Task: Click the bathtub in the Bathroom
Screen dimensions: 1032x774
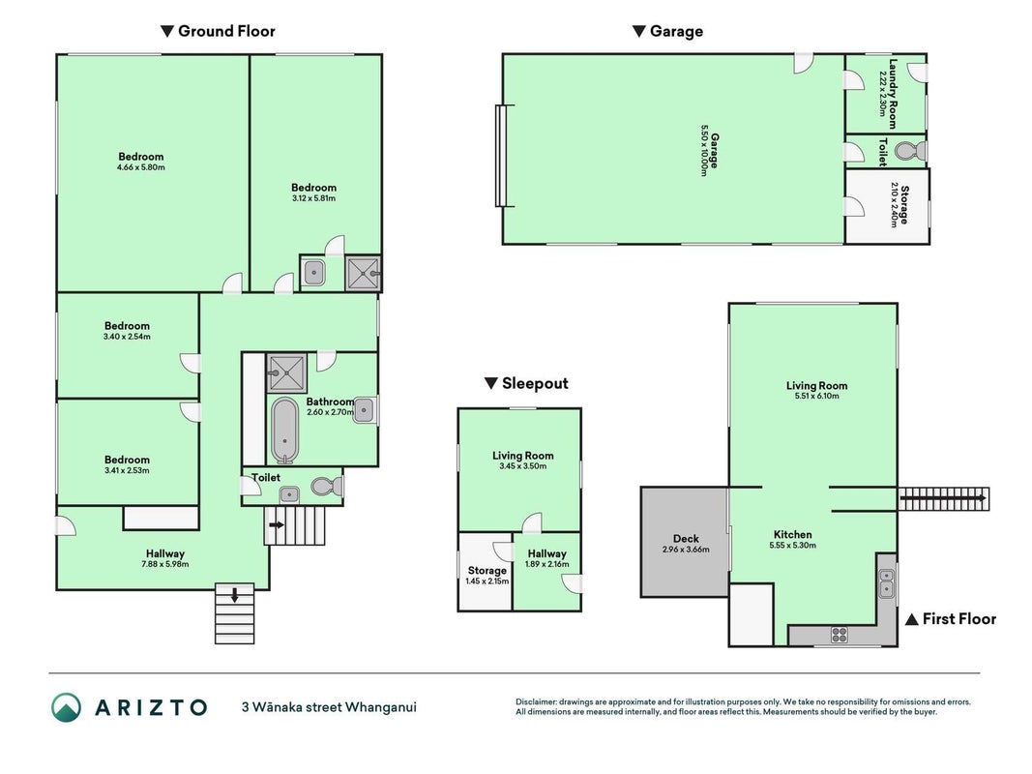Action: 284,431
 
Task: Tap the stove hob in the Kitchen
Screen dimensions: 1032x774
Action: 840,635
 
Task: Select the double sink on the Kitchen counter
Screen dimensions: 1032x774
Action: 887,583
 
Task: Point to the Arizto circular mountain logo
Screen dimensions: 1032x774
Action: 67,707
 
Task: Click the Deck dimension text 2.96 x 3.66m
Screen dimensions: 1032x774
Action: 686,549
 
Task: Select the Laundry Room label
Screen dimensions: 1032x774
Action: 893,94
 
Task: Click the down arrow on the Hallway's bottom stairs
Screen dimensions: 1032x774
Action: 234,594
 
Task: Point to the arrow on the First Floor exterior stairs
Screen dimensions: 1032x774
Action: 943,498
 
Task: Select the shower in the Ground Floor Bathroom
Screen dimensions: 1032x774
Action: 286,373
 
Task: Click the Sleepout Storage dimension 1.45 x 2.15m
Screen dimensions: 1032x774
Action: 487,581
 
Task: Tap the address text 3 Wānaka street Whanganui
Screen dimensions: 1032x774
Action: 329,707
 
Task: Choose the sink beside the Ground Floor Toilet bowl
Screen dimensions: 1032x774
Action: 289,494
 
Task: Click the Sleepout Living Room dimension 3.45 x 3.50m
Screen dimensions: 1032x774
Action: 522,466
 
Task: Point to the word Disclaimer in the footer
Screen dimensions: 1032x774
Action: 536,701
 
